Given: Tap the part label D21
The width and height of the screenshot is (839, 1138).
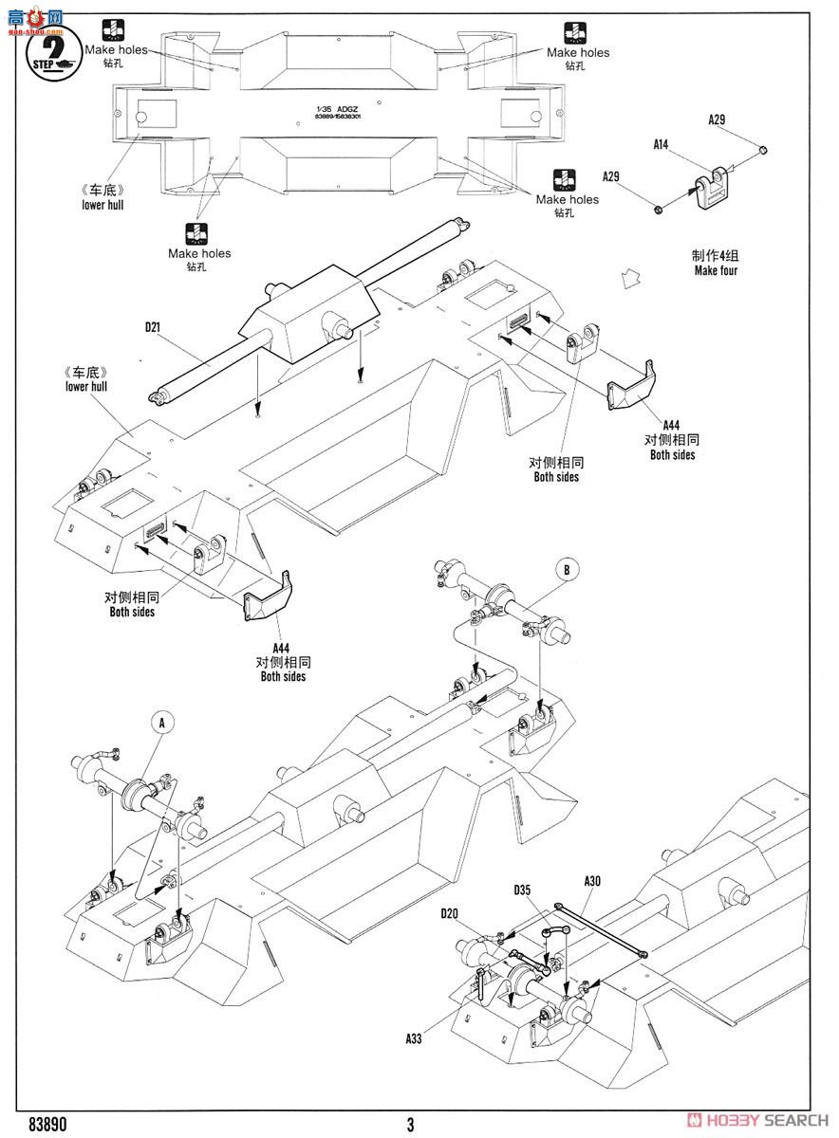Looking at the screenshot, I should pos(152,327).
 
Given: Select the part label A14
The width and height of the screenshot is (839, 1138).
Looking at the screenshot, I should pos(662,144).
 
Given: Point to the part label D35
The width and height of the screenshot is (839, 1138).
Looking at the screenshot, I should pos(524,890).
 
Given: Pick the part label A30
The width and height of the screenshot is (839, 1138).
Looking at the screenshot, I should pos(592,881).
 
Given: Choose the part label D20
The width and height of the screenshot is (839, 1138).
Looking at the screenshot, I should pos(450,913).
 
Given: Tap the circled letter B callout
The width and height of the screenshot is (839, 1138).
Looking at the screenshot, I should pos(567,570).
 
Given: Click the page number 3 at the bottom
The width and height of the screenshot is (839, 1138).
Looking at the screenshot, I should pos(410,1126).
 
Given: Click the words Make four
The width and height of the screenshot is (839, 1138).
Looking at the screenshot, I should pos(716,270).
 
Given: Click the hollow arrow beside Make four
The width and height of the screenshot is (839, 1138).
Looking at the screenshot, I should pos(626,278).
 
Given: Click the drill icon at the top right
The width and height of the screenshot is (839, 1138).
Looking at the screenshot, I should pos(575,32).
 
